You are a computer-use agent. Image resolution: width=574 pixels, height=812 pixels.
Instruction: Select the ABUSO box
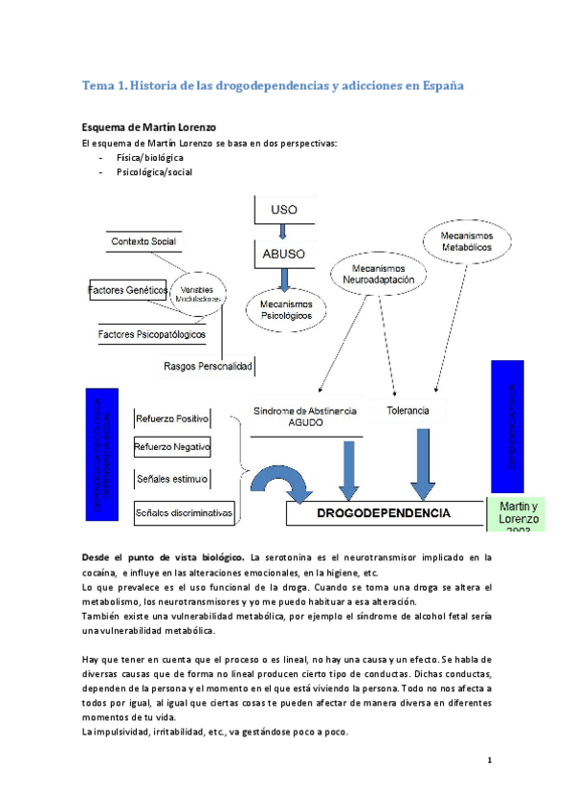pos(282,255)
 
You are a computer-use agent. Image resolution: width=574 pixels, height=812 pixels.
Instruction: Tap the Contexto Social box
pos(143,241)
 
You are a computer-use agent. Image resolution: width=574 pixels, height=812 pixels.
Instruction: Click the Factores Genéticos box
pos(127,289)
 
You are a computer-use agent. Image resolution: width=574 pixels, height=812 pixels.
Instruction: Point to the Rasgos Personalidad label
pos(208,366)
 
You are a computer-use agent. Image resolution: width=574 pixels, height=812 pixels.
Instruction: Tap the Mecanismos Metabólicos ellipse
pos(466,240)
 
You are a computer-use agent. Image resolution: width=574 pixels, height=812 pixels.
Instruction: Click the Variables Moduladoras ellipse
pos(198,293)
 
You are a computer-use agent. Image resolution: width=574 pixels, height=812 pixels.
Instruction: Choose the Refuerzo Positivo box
pos(172,418)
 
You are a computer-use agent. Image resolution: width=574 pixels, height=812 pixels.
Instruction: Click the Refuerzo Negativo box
pos(172,447)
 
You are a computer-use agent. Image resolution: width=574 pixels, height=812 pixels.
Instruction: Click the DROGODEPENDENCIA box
pos(383,513)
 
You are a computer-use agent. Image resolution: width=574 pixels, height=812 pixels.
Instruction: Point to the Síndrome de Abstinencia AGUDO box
pos(305,416)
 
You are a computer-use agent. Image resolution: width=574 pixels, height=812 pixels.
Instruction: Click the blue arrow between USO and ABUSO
pos(282,231)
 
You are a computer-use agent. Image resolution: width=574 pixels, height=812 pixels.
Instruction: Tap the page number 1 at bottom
pos(489,760)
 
